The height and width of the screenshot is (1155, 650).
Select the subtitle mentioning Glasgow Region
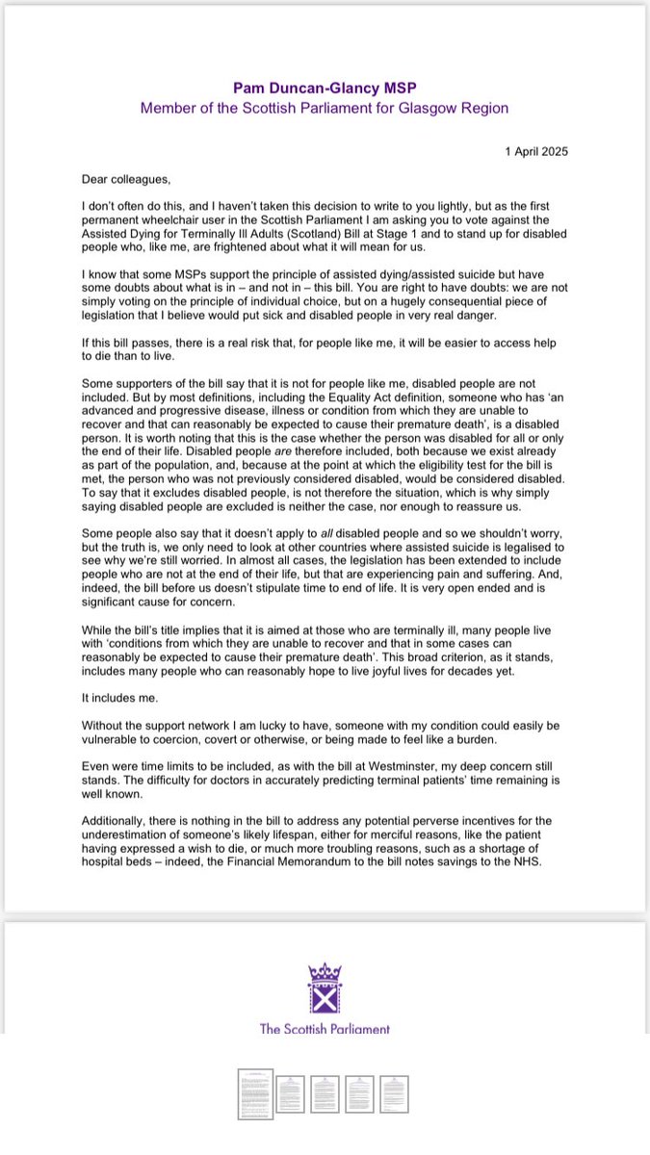pyautogui.click(x=325, y=108)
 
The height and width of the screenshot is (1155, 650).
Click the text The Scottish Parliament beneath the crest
pyautogui.click(x=325, y=1029)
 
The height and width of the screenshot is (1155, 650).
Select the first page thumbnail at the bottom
pyautogui.click(x=255, y=1094)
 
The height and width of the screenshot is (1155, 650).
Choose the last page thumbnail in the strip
pyautogui.click(x=394, y=1094)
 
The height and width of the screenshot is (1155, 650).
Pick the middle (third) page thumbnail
pyautogui.click(x=325, y=1094)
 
